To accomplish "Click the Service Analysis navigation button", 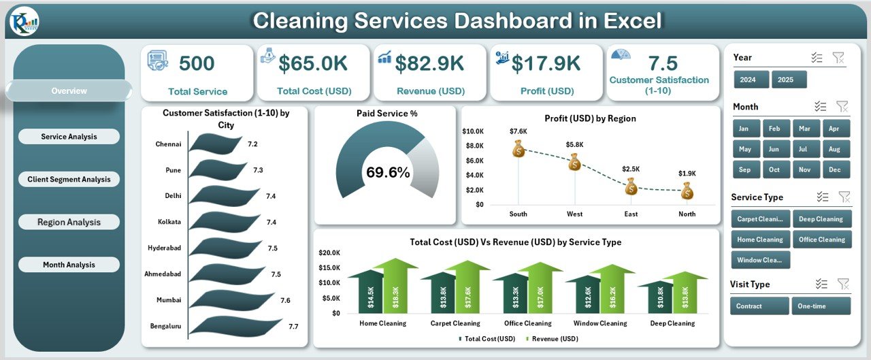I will (x=69, y=137).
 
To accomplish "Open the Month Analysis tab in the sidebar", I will (x=69, y=265).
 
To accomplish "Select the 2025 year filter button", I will (x=789, y=80).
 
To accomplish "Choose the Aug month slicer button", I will (x=836, y=149).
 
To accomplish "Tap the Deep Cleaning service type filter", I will (x=821, y=219).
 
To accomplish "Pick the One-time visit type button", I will (x=821, y=306).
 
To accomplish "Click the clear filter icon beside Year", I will (x=838, y=58).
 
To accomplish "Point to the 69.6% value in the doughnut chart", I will (x=388, y=173).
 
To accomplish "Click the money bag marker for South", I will (x=519, y=148).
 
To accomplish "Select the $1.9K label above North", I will (x=687, y=173).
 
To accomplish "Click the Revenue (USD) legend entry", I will (x=554, y=338).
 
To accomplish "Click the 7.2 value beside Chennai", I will (x=252, y=144).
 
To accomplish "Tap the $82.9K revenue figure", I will (x=430, y=63).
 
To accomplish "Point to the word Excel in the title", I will (x=629, y=21).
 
